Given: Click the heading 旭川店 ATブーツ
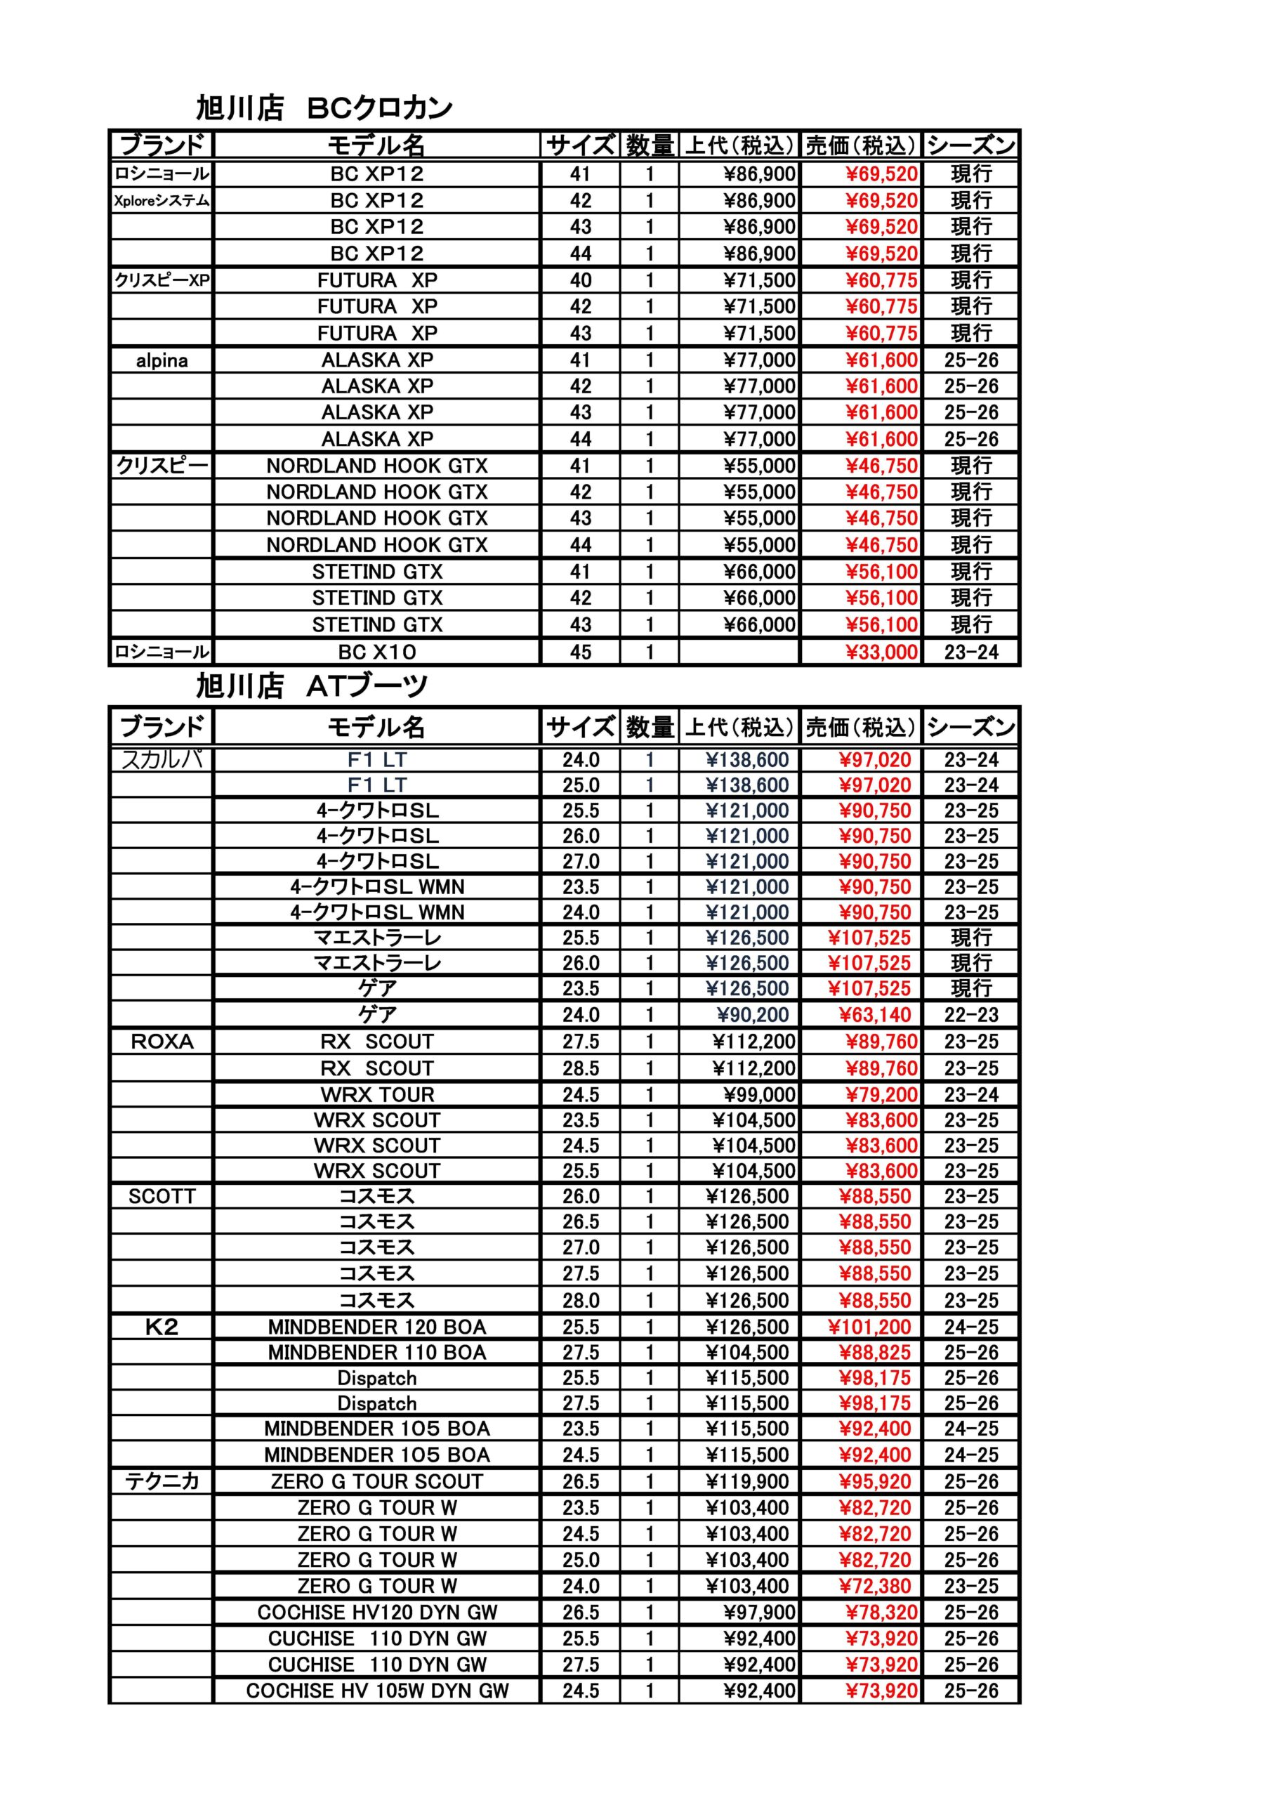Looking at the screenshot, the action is [x=312, y=686].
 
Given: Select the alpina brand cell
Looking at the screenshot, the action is [x=162, y=360].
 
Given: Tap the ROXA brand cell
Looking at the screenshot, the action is [x=162, y=1042].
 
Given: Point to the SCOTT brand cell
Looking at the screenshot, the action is [x=162, y=1197].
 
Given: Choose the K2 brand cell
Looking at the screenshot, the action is [x=162, y=1327].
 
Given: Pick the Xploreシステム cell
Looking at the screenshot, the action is [x=162, y=200].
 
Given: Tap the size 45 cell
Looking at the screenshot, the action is [x=580, y=652].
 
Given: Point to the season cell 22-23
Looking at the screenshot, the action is [x=971, y=1015].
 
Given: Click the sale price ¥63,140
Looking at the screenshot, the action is [x=875, y=1015].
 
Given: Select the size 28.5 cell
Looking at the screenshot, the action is [x=580, y=1068].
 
